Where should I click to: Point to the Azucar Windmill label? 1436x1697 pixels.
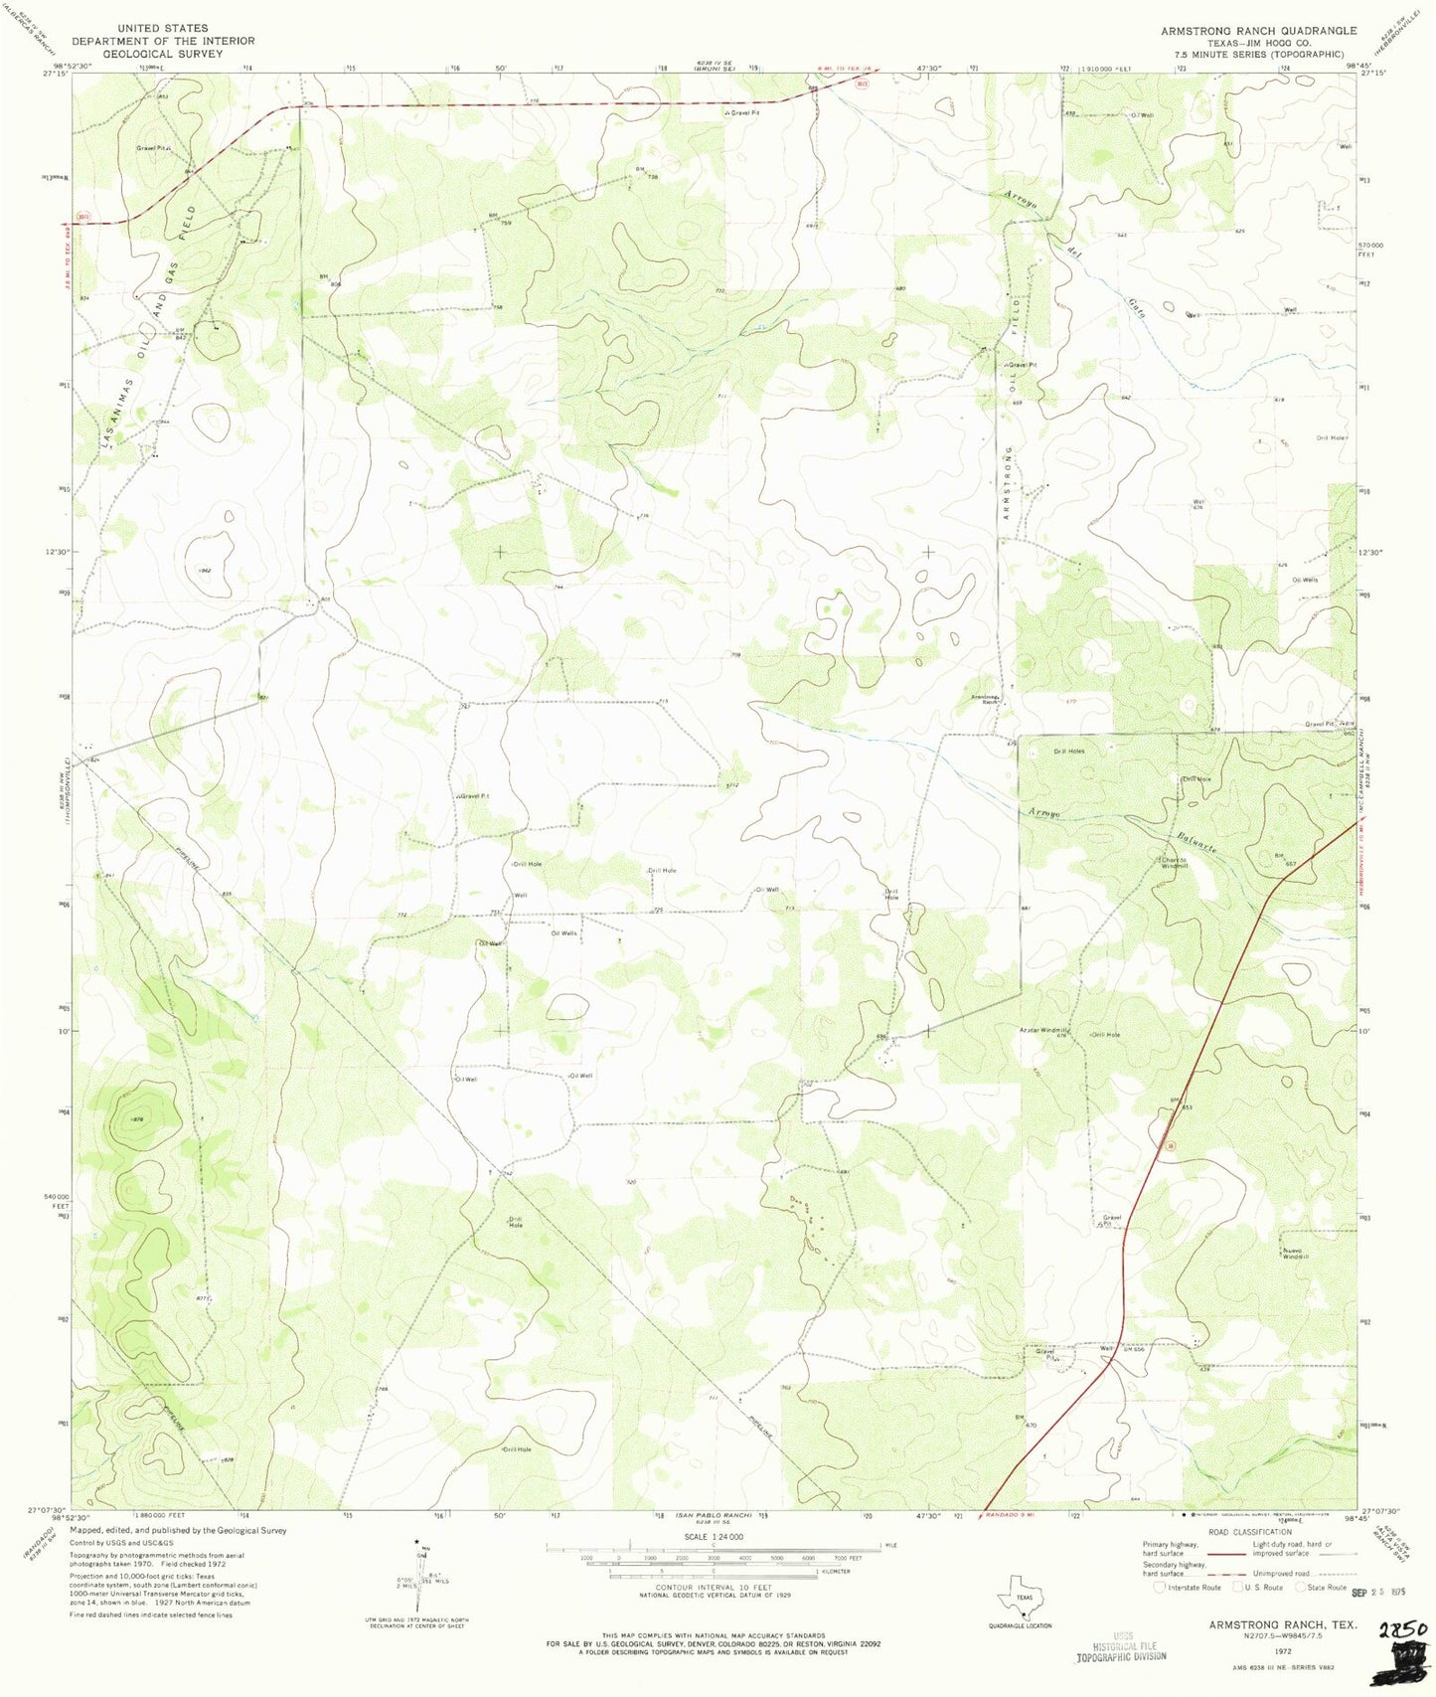(x=1042, y=1030)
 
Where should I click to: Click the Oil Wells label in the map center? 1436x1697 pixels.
(x=563, y=933)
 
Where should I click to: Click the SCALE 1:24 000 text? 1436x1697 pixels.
(x=713, y=1536)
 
